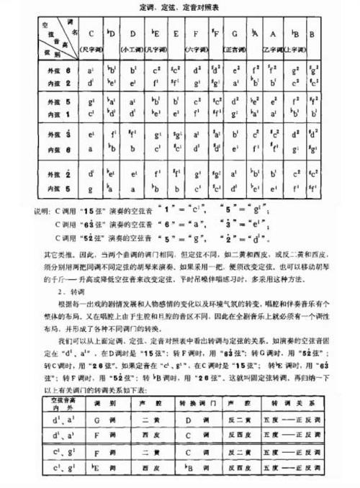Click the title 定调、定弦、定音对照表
pyautogui.click(x=179, y=6)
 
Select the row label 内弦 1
pyautogui.click(x=58, y=114)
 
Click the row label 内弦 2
pyautogui.click(x=58, y=82)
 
